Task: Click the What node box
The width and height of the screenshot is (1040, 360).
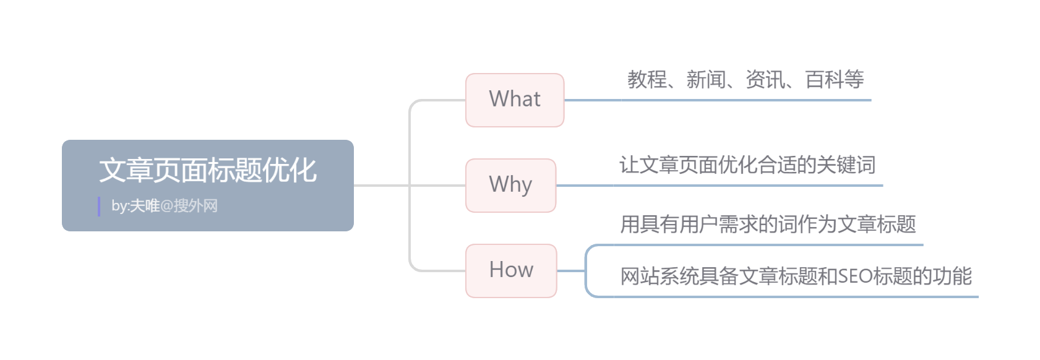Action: [x=514, y=100]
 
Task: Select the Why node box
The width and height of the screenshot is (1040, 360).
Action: [x=510, y=185]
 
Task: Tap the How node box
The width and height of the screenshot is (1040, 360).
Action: [x=511, y=270]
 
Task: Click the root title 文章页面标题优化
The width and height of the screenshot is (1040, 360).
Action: [x=208, y=170]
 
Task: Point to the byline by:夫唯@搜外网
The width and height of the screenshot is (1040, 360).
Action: [x=165, y=206]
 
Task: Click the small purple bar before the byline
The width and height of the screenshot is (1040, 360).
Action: [x=99, y=207]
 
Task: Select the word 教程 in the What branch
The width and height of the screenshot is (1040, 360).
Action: [x=647, y=80]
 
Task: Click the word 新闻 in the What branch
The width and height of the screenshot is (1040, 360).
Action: [x=706, y=80]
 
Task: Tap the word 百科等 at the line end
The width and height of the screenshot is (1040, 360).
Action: [x=835, y=80]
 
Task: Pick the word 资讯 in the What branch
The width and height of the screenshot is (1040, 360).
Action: [x=765, y=80]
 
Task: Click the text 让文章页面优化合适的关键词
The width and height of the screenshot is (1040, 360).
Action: [x=747, y=165]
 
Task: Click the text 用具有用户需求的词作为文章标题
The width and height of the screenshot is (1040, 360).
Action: [x=768, y=224]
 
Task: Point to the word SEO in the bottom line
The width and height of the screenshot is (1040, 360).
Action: [x=856, y=276]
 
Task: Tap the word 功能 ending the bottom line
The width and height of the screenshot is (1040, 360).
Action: [x=953, y=276]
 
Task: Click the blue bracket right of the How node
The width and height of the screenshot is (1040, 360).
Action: [x=587, y=270]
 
